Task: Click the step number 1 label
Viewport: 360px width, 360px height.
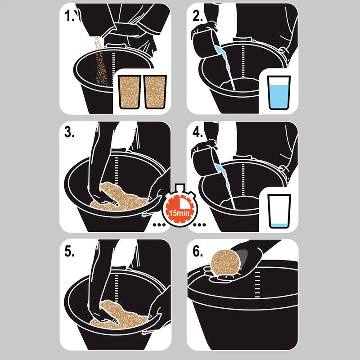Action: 69,16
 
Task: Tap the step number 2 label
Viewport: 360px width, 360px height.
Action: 198,16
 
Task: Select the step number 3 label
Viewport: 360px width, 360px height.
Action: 69,132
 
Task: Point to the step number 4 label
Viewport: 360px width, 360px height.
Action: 198,132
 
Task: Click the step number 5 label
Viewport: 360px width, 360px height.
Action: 69,251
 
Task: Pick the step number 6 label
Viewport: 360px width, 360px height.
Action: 198,251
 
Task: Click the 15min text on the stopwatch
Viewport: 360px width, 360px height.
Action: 179,213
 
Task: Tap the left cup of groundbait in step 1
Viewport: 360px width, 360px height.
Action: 130,92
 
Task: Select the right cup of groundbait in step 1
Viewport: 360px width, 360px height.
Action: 155,92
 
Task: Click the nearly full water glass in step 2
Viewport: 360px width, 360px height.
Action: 279,93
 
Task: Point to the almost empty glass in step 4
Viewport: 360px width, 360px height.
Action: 279,211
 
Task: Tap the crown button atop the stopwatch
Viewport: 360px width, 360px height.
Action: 180,187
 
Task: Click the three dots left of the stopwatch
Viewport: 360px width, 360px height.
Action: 159,225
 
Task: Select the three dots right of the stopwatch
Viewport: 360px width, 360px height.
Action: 199,225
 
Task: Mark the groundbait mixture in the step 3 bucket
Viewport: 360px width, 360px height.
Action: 119,198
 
